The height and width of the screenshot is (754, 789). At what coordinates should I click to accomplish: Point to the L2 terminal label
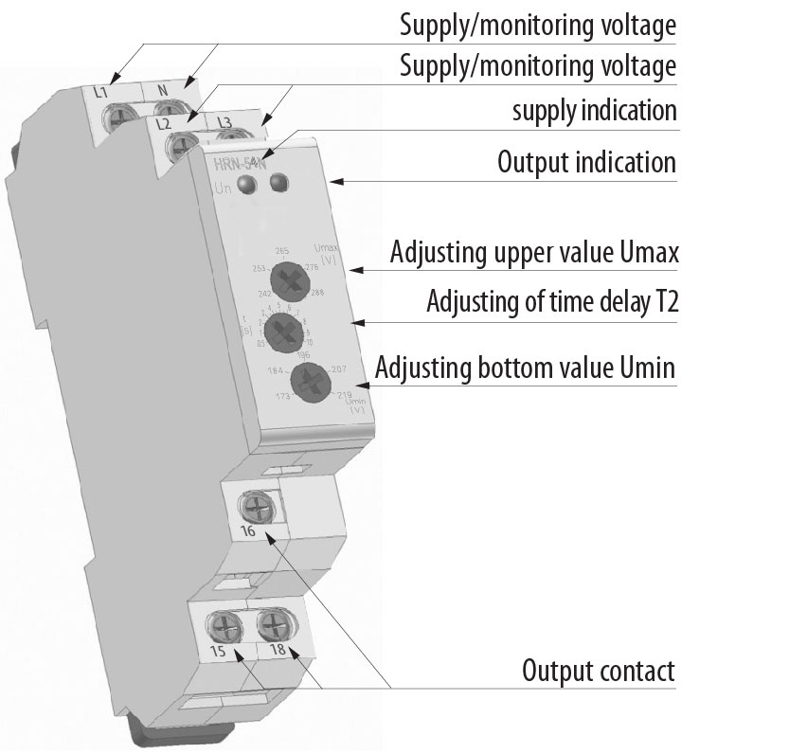click(163, 124)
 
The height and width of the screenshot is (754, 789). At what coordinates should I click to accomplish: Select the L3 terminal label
click(224, 122)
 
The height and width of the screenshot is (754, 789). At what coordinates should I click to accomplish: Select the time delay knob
click(282, 331)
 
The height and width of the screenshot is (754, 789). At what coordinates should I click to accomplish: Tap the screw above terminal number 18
click(274, 625)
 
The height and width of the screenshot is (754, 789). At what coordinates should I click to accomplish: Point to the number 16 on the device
click(248, 532)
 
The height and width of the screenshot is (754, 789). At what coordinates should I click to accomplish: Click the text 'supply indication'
click(594, 111)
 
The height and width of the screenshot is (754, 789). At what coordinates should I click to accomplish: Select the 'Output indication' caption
click(586, 162)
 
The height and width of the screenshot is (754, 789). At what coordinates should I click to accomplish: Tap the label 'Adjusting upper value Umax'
click(533, 254)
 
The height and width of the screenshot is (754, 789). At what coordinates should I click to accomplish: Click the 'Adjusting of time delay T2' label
click(551, 303)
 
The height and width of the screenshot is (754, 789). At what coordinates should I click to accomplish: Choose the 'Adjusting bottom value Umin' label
click(526, 367)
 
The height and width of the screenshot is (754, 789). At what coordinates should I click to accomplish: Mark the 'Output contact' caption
click(598, 672)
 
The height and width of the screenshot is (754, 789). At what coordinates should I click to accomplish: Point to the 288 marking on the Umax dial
click(317, 294)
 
